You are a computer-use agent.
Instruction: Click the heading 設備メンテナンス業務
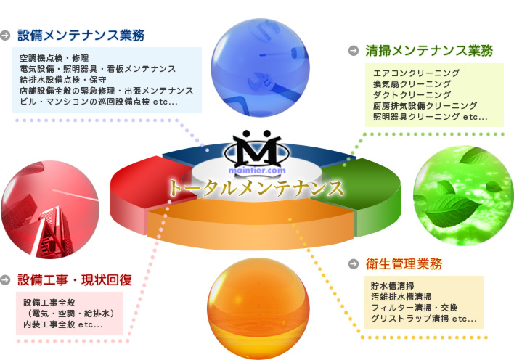81,36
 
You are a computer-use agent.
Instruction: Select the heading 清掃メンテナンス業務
429,51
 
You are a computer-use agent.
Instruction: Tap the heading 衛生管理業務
404,264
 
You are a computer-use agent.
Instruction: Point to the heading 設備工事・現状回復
75,280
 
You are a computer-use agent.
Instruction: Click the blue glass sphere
260,67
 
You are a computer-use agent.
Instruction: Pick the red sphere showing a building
50,210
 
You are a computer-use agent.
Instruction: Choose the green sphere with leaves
463,196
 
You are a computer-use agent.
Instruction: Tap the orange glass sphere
258,308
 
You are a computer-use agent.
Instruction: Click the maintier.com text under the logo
257,171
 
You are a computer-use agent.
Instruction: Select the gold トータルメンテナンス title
256,188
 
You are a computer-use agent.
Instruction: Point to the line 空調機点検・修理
54,58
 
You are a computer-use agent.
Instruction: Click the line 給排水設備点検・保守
63,80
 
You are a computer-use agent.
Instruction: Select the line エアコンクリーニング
416,73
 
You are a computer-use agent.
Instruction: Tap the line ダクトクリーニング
412,95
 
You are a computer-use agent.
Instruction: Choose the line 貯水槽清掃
392,286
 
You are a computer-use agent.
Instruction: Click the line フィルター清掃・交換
414,308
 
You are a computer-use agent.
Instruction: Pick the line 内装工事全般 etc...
63,324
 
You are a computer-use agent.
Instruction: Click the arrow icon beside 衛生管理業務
354,263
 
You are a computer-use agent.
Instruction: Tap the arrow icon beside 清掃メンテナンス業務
354,51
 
